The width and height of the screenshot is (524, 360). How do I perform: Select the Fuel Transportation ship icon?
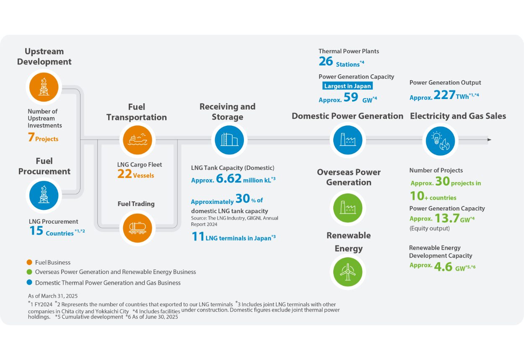pos(137,141)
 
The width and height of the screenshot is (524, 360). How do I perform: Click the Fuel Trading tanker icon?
pos(137,227)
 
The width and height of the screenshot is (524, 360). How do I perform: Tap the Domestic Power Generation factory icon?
pos(348,141)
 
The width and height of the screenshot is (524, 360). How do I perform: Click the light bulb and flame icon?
pos(440,141)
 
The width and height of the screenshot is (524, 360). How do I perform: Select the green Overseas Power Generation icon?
pos(348,208)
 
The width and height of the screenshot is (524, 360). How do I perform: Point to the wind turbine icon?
pos(348,272)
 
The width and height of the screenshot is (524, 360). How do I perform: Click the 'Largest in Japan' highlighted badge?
pos(348,86)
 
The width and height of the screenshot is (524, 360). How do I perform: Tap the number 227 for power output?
pos(444,95)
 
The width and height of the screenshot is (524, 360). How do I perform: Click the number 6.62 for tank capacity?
pos(229,179)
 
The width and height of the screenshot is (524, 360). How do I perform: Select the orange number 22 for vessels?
pos(125,174)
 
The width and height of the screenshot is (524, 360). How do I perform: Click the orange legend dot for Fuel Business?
pos(29,262)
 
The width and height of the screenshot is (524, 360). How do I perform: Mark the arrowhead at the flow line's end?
pos(489,140)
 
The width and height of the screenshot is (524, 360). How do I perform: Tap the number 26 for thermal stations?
pos(326,62)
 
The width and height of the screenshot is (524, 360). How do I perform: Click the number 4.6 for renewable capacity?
pos(443,266)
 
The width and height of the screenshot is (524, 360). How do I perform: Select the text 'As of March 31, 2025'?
pos(53,296)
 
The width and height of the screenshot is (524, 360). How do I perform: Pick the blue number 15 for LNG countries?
pos(36,231)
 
